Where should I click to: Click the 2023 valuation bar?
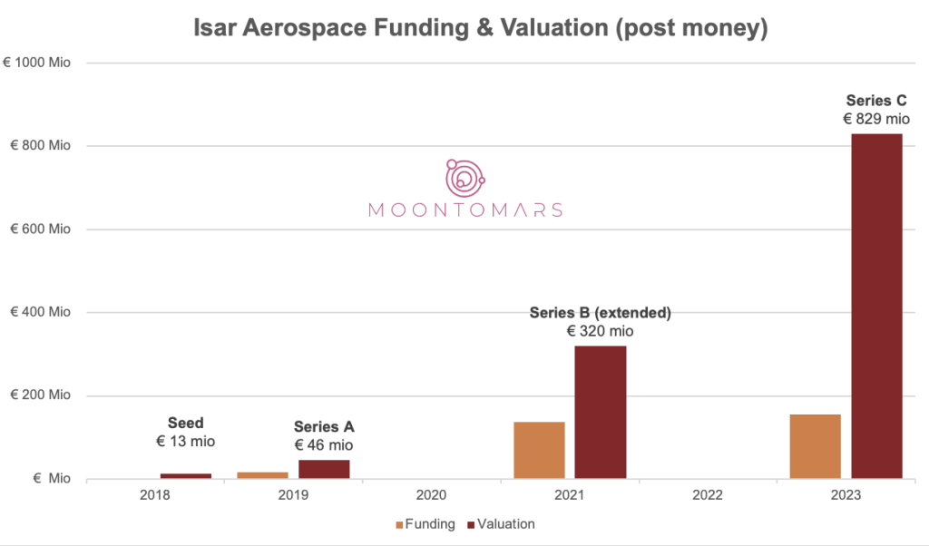coord(876,307)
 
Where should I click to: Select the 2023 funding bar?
coord(815,446)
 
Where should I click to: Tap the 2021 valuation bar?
coord(600,412)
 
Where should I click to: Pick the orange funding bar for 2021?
coord(539,450)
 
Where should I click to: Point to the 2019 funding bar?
coord(262,474)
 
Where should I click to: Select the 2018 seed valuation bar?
coord(186,475)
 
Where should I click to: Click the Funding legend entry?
coord(425,523)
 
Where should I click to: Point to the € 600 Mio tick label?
coord(40,229)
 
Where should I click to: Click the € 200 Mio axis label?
coord(40,395)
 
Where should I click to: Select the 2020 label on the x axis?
coord(431,496)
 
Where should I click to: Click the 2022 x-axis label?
coord(707,496)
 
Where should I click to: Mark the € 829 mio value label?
coord(876,119)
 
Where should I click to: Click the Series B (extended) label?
coord(600,313)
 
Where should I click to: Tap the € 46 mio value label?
coord(324,444)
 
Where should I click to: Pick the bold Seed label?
coord(186,423)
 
